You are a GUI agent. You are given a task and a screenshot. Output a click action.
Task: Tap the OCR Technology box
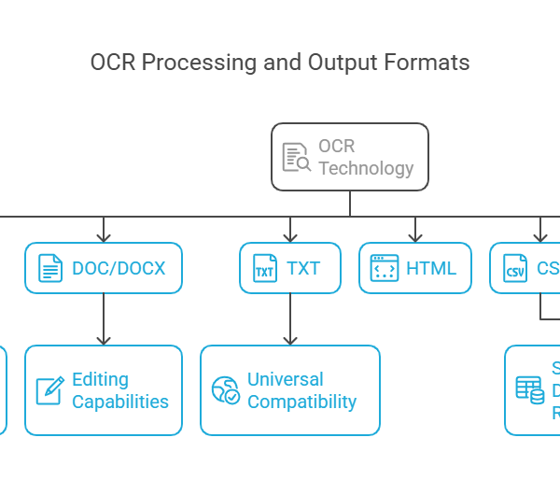tap(350, 157)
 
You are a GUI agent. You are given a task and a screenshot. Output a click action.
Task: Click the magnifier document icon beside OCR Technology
tap(296, 158)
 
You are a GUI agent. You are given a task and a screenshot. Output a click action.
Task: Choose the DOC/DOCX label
tap(119, 268)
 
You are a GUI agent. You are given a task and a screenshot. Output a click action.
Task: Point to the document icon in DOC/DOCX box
tap(50, 268)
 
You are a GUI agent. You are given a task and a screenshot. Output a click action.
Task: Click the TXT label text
tap(303, 268)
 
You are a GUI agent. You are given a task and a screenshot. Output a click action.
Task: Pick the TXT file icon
tap(265, 269)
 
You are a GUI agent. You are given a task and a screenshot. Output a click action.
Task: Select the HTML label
tap(431, 268)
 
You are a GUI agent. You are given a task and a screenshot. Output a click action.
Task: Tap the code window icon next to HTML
tap(385, 268)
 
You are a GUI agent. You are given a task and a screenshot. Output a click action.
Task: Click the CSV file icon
tap(515, 269)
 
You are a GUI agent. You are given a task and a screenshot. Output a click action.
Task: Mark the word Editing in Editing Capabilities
tap(100, 379)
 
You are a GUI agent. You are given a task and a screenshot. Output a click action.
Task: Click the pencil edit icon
tap(49, 389)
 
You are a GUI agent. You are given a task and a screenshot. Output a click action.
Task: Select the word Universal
tap(285, 379)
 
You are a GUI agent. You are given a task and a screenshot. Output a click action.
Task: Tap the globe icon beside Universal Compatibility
tap(226, 389)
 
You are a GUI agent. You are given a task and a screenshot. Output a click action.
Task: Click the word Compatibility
tap(301, 402)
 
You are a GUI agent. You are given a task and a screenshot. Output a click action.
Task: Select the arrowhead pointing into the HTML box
tap(415, 235)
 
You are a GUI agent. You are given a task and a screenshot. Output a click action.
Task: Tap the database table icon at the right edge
tap(529, 390)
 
